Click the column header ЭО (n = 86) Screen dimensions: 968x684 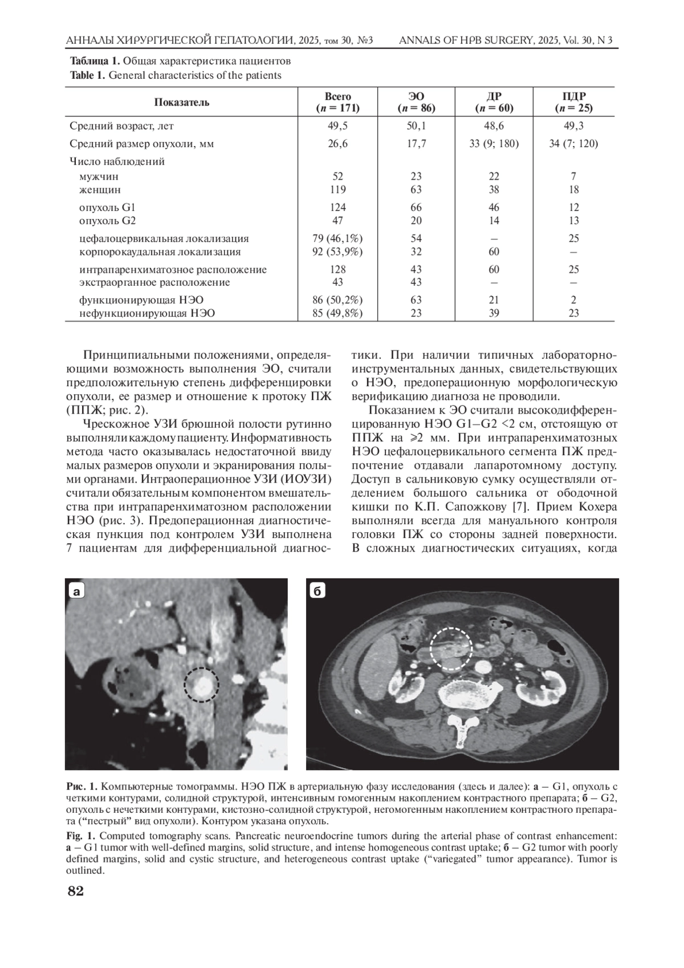tap(416, 102)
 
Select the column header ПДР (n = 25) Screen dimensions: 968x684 tap(573, 102)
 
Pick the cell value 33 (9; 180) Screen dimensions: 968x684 tap(494, 144)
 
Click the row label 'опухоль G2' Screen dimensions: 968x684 tap(108, 221)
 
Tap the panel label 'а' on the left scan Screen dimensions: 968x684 tap(76, 591)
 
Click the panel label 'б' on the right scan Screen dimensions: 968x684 tap(317, 591)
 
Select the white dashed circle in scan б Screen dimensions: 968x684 tap(450, 648)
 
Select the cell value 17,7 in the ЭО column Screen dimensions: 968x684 tap(416, 144)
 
